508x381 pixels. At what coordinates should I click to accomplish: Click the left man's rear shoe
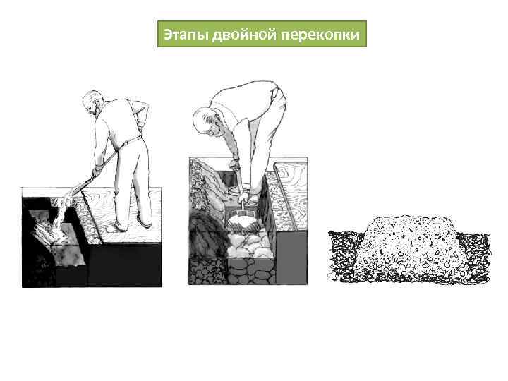click(x=145, y=222)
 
